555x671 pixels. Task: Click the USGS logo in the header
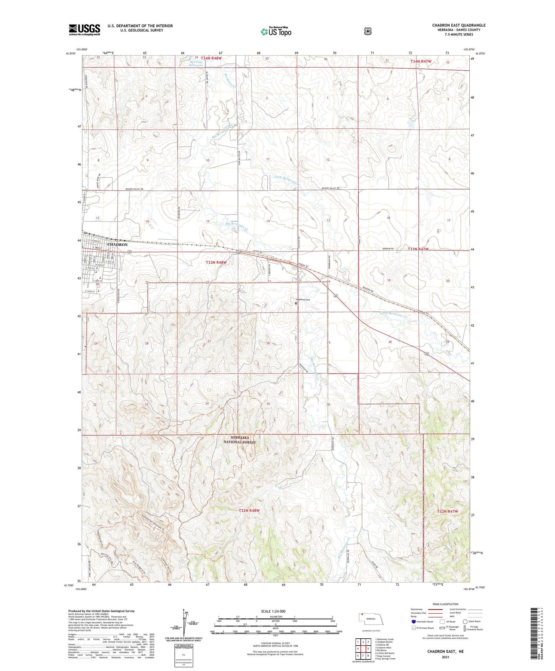(x=84, y=30)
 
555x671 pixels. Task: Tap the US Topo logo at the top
(x=276, y=31)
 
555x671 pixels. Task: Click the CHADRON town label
(x=117, y=244)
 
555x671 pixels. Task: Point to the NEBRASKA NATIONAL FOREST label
(x=240, y=440)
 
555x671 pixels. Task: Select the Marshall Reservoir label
(x=198, y=63)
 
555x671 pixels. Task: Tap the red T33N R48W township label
(x=217, y=262)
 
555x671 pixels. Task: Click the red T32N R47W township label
(x=447, y=512)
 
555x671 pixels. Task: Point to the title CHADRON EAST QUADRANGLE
(x=459, y=25)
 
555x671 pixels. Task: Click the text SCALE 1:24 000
(x=273, y=611)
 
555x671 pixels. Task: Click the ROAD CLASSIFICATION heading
(x=446, y=604)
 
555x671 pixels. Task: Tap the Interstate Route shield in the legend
(x=413, y=621)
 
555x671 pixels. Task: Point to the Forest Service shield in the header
(x=368, y=31)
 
